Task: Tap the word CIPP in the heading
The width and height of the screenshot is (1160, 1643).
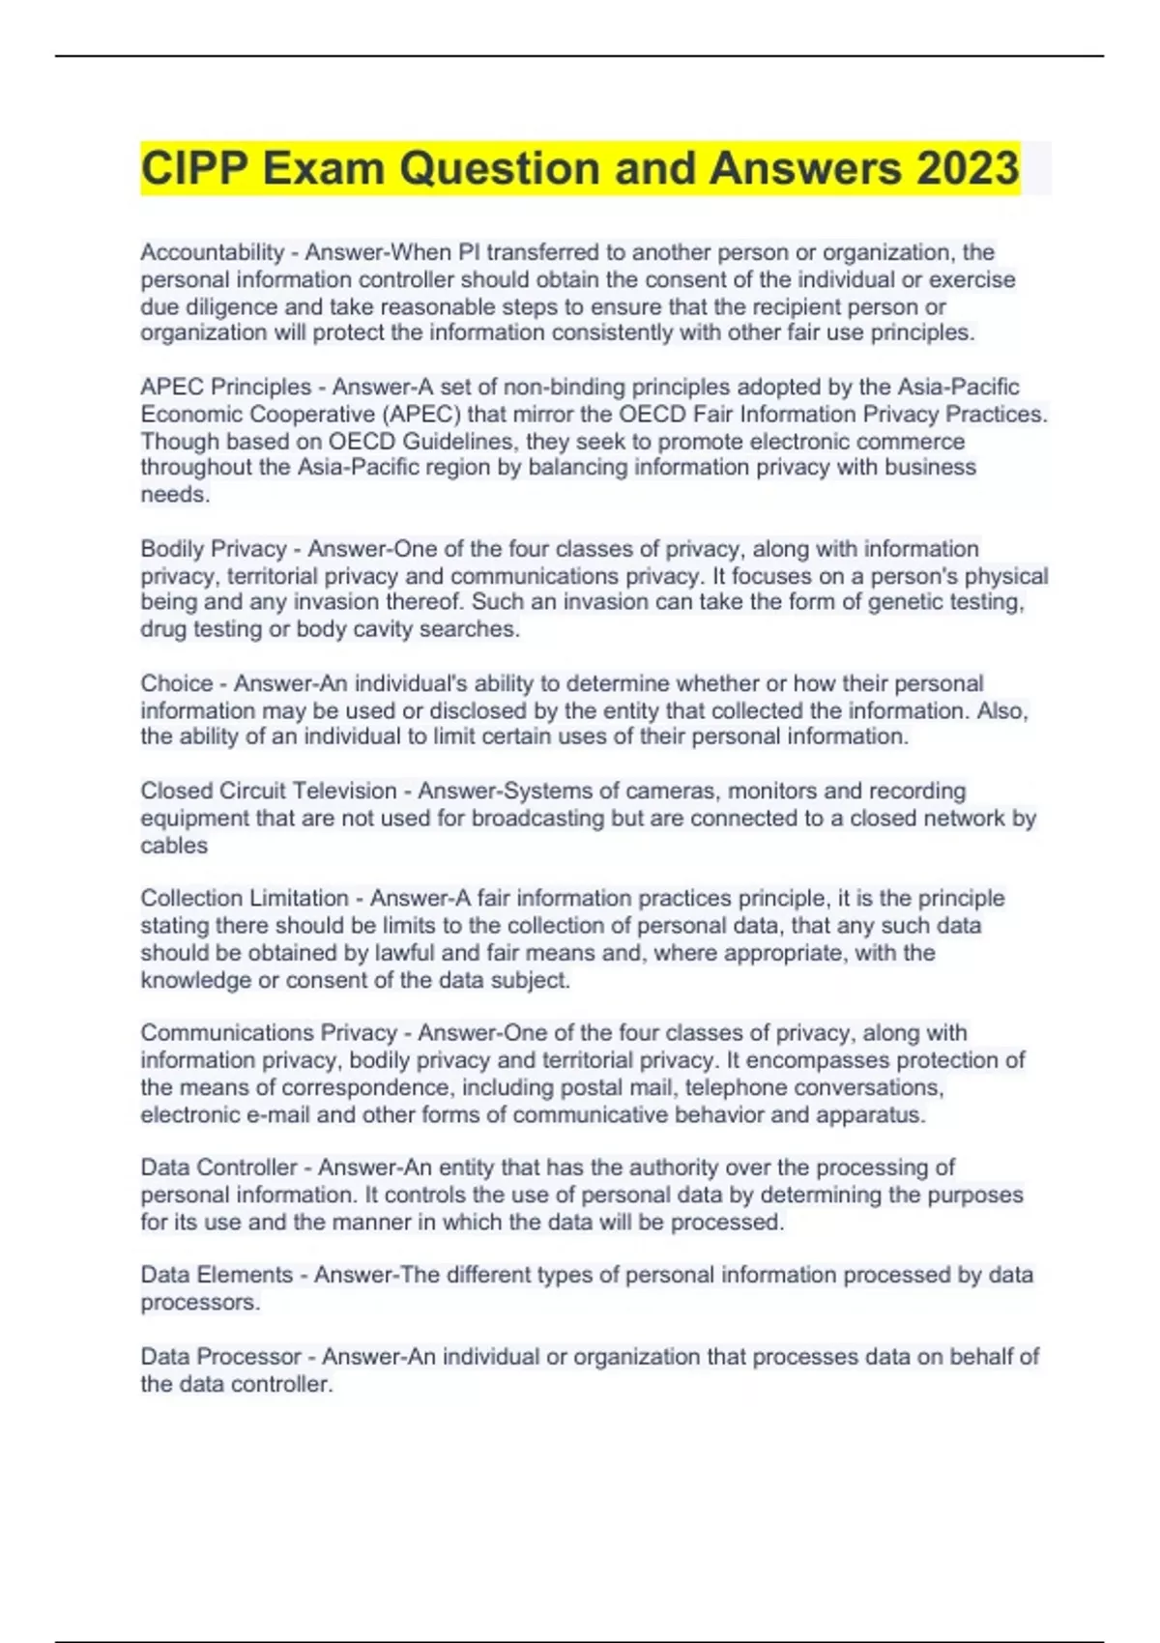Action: (193, 168)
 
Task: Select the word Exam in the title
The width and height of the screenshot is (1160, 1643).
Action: (323, 168)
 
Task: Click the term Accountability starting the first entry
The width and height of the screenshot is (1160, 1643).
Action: (212, 252)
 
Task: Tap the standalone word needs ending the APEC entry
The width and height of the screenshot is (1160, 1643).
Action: (174, 495)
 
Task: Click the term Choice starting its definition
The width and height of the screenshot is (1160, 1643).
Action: (176, 683)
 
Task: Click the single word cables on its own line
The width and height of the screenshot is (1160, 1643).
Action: (174, 845)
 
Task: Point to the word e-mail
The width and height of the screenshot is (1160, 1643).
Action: (278, 1114)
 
